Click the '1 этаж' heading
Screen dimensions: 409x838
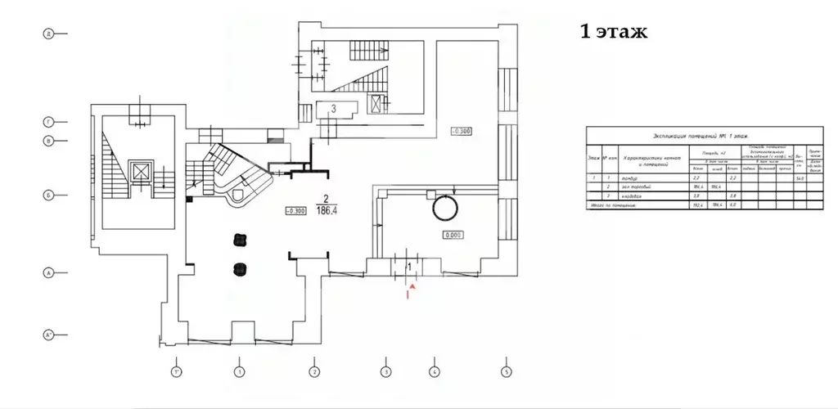(x=613, y=32)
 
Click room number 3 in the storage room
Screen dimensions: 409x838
(x=333, y=108)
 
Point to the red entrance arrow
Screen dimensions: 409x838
(x=412, y=288)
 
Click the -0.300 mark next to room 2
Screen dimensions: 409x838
(x=295, y=210)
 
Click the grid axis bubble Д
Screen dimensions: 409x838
(x=49, y=34)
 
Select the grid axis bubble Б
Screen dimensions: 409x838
(x=49, y=196)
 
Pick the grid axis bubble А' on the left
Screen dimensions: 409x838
(x=49, y=335)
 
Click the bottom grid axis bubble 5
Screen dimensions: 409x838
(x=507, y=372)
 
